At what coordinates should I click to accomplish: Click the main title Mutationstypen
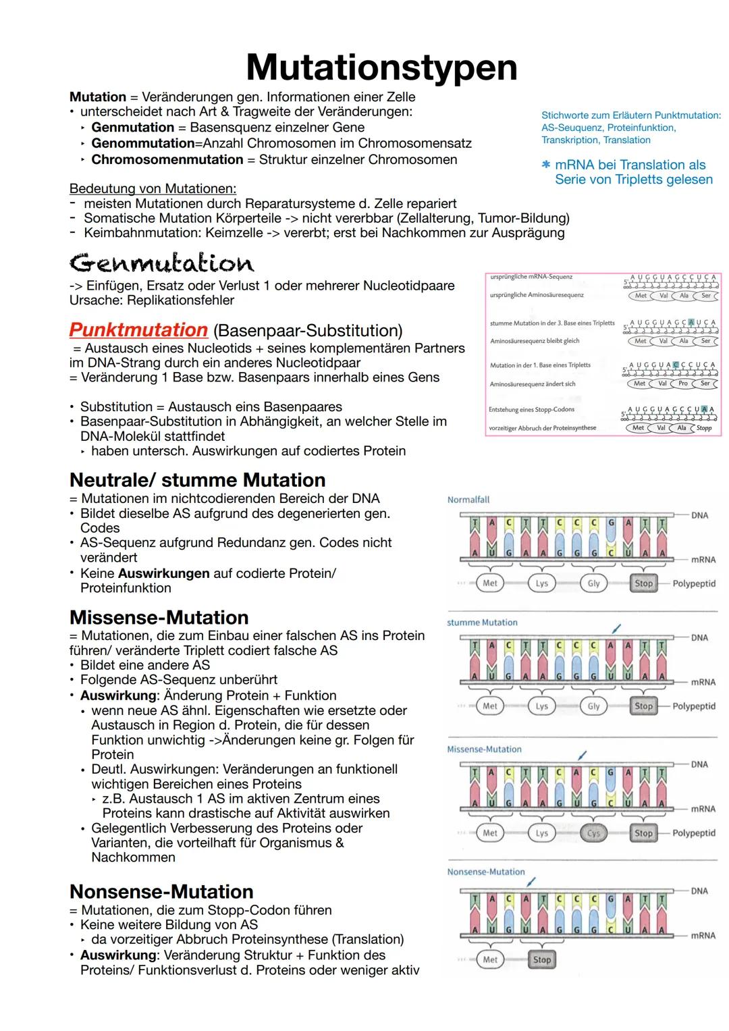(381, 68)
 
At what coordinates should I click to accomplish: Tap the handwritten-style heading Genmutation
(161, 263)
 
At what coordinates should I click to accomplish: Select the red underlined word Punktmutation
(138, 330)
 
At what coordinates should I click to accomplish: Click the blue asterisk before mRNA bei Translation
(546, 165)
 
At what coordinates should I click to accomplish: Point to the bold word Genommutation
(142, 143)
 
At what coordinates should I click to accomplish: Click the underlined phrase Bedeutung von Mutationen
(153, 188)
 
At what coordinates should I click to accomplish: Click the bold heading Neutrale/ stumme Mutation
(197, 480)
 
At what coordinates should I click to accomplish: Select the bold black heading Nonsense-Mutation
(161, 891)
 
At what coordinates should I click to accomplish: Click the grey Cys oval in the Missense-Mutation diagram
(593, 833)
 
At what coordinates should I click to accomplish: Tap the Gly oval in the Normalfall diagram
(593, 583)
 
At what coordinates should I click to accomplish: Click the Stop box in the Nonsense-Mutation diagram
(542, 959)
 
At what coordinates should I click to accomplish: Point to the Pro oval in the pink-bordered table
(682, 384)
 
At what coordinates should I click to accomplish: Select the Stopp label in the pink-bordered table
(704, 428)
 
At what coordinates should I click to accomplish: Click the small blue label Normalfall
(468, 500)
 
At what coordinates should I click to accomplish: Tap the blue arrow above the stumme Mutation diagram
(615, 628)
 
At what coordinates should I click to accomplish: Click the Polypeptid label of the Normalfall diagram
(694, 583)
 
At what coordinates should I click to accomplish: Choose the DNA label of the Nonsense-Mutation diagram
(699, 891)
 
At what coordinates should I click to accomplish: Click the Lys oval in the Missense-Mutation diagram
(542, 833)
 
